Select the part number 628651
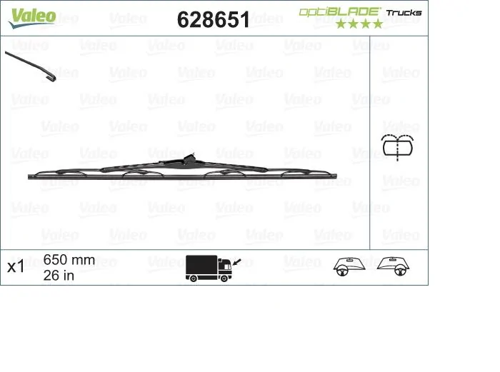coord(213,20)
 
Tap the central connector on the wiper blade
coord(189,159)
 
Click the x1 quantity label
coord(16,267)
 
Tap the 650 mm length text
coord(69,260)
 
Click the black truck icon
coord(209,267)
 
